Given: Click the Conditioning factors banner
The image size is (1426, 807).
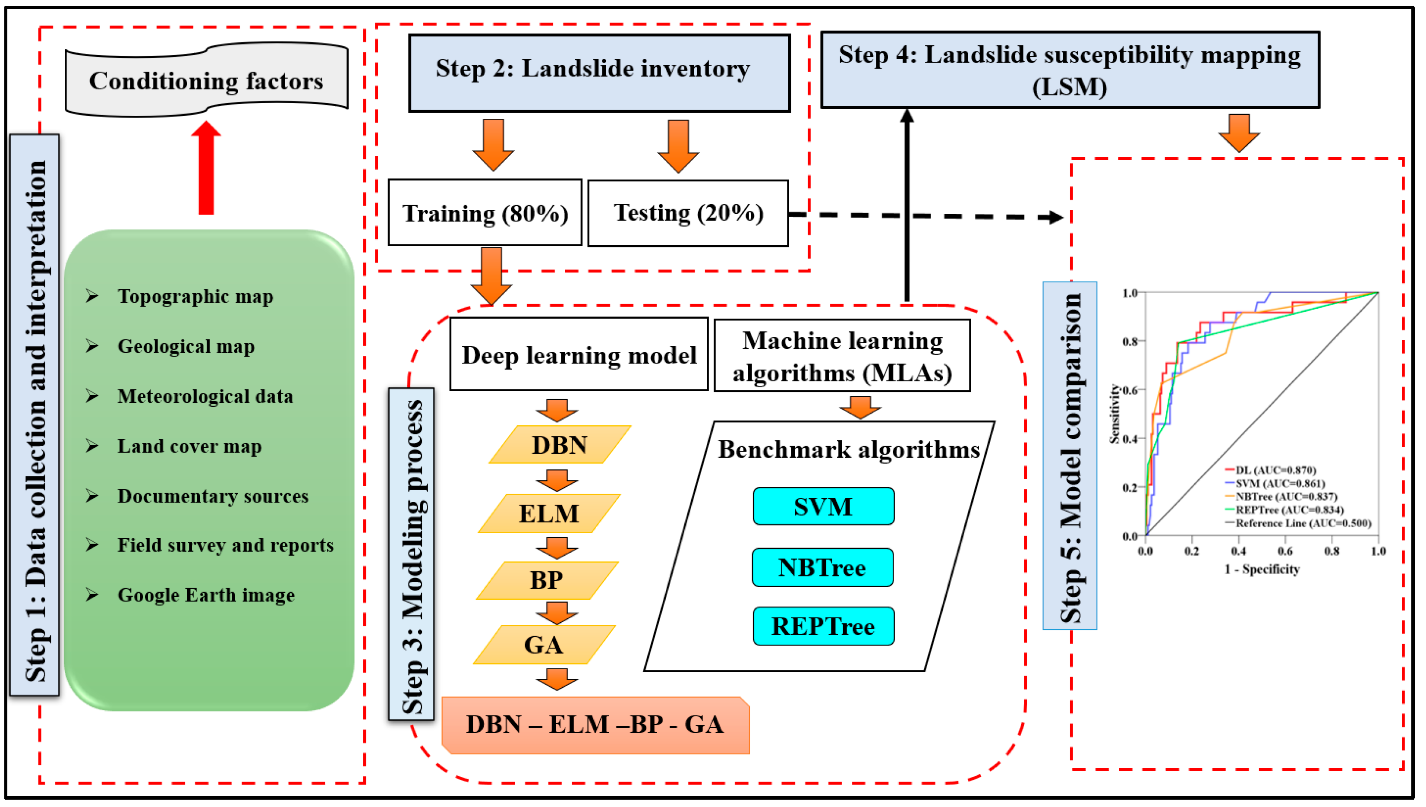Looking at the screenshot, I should click(x=206, y=81).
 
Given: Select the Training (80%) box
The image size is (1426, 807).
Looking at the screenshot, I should click(x=485, y=213).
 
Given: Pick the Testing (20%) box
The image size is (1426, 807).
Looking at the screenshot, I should click(x=688, y=213).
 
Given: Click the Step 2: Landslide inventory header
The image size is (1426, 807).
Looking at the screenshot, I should click(x=599, y=73).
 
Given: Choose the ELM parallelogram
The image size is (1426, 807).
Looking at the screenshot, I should click(x=549, y=513).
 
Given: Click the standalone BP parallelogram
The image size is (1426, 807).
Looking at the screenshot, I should click(x=547, y=580).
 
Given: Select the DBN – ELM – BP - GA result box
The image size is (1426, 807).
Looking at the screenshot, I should click(x=595, y=725).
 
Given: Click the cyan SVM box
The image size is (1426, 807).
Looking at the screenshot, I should click(x=823, y=506).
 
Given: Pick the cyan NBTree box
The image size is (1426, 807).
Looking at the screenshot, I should click(x=822, y=567).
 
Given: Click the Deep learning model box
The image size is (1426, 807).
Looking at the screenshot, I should click(x=579, y=355).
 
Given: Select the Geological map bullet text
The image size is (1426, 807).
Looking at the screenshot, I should click(x=186, y=346).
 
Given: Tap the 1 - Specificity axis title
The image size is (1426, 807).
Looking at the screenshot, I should click(x=1262, y=569).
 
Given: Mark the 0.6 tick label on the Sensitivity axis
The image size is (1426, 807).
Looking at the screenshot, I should click(x=1130, y=390).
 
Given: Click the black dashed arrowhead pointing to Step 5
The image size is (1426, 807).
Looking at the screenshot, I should click(x=1057, y=217).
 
